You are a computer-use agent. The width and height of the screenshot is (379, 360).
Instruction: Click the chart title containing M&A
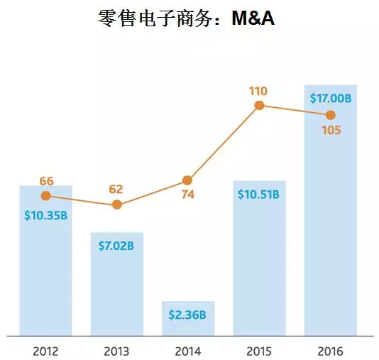click(x=186, y=18)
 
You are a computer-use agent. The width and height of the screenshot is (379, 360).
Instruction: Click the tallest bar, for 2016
click(x=330, y=234)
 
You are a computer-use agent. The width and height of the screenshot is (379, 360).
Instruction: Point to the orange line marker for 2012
click(x=46, y=195)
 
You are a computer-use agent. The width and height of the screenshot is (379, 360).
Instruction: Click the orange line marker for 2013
click(x=117, y=205)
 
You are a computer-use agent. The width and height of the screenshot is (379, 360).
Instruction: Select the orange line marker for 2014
click(x=187, y=180)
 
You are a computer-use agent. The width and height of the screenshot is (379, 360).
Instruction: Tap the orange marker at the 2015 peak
click(x=259, y=105)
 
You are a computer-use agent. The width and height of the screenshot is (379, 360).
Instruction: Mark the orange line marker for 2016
click(x=330, y=114)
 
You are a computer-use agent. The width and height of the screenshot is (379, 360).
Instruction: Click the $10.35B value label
click(x=45, y=214)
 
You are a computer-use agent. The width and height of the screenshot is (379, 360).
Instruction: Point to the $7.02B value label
click(x=117, y=246)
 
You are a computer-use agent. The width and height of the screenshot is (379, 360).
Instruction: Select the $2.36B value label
click(x=188, y=315)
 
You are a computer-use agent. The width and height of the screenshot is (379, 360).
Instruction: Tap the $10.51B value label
click(x=259, y=195)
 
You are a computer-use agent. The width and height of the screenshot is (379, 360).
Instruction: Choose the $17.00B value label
click(x=330, y=99)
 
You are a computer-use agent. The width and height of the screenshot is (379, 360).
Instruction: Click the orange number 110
click(x=258, y=90)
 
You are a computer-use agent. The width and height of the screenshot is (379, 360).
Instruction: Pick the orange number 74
click(x=187, y=197)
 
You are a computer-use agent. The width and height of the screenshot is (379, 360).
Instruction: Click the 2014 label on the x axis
click(x=188, y=350)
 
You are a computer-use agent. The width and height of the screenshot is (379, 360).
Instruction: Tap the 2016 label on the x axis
click(x=330, y=350)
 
